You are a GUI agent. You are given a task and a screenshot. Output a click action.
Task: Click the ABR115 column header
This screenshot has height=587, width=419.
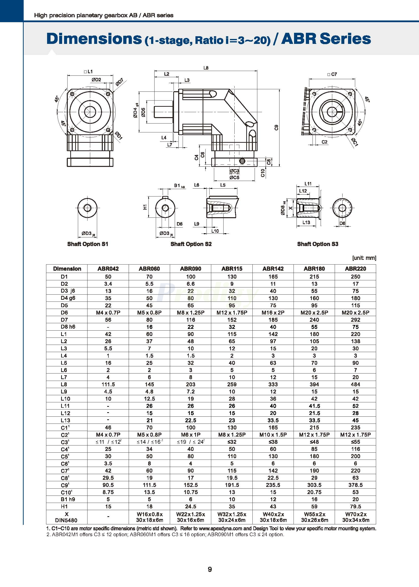[x=232, y=269]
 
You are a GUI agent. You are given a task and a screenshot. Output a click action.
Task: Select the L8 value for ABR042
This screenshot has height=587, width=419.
[x=108, y=384]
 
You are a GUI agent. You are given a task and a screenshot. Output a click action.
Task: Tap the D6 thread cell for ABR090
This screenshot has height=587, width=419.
[x=191, y=312]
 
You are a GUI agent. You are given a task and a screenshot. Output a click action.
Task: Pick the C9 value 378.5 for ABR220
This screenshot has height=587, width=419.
[x=355, y=485]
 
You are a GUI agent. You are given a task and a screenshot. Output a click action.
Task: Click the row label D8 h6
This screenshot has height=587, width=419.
[x=68, y=327]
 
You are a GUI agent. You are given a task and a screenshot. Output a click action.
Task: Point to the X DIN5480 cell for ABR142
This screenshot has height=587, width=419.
[x=273, y=517]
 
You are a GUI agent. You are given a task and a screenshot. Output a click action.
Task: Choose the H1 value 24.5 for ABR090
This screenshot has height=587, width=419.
[x=191, y=506]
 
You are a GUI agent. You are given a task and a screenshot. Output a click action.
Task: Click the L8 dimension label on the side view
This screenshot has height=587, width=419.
[x=206, y=68]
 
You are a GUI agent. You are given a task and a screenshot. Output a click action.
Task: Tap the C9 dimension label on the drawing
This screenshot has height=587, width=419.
[x=276, y=127]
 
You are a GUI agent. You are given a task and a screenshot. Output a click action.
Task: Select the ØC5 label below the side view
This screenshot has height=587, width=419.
[x=234, y=178]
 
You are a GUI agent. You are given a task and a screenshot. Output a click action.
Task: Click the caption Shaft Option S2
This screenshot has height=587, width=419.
[x=191, y=244]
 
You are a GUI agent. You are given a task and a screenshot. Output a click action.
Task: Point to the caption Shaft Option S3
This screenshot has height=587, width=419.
[x=317, y=244]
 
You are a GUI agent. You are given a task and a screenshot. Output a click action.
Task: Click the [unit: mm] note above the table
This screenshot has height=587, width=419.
[x=364, y=258]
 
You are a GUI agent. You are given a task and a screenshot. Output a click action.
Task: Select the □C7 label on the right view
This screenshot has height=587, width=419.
[x=332, y=74]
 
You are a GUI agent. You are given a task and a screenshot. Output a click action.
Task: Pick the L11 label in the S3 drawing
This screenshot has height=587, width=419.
[x=308, y=184]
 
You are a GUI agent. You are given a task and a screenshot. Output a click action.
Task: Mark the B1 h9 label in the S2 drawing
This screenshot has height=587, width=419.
[x=179, y=186]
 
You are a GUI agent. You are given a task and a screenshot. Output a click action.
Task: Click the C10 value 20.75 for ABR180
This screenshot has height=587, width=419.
[x=314, y=492]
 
